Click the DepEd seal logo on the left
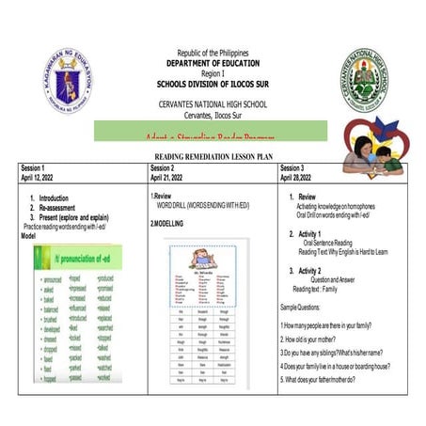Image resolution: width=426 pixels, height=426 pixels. tap(68, 81)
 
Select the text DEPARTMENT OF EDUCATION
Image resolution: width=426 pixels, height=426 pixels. tap(213, 62)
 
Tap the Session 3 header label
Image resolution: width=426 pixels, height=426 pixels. tap(296, 167)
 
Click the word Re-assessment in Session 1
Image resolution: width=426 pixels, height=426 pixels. tap(59, 207)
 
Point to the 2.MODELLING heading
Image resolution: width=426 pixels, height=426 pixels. tap(167, 224)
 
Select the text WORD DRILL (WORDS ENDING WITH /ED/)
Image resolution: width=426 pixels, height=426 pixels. tap(203, 205)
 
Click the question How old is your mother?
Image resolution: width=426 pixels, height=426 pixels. tap(318, 338)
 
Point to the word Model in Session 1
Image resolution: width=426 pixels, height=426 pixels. tap(28, 236)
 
